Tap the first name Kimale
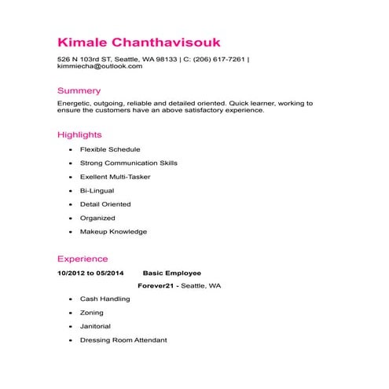pos(83,40)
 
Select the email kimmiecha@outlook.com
pos(100,67)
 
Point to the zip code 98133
pos(167,59)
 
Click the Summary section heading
pos(79,90)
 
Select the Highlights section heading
pos(80,134)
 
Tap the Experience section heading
pos(83,259)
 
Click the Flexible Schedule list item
pos(110,149)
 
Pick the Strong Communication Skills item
pos(129,163)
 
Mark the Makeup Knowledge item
pos(113,232)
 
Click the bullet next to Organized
pos(71,218)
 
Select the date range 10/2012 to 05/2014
pos(91,273)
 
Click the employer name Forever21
pos(156,286)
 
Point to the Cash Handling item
pos(105,299)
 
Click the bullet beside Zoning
pos(71,313)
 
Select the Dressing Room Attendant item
pos(123,340)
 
